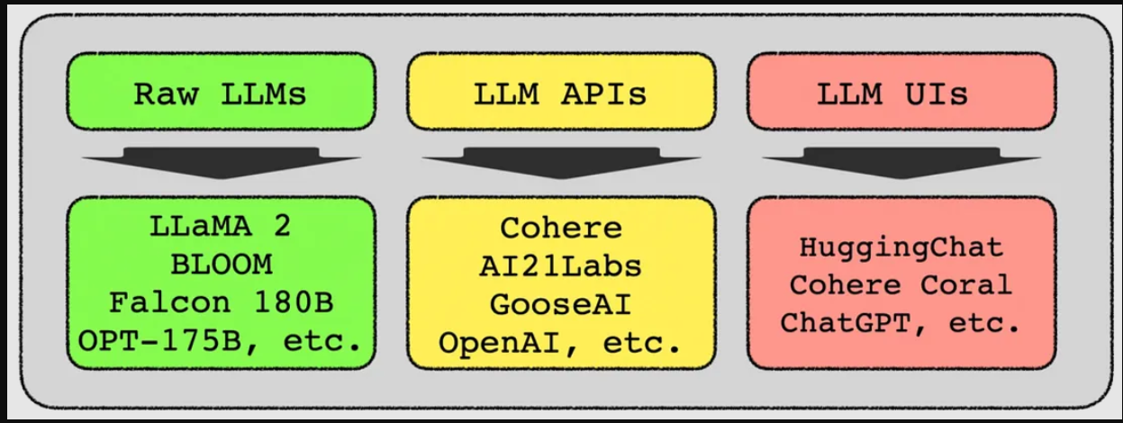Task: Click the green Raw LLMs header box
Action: [x=222, y=91]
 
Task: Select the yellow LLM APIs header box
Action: [x=562, y=91]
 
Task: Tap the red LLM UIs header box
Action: [x=901, y=91]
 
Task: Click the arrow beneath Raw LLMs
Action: [x=222, y=163]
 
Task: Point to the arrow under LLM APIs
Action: [x=562, y=163]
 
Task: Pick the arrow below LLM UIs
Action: [x=901, y=163]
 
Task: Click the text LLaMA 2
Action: [x=221, y=226]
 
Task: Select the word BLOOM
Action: [x=222, y=264]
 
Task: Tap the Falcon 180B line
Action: [x=222, y=302]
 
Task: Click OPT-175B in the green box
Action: [x=160, y=341]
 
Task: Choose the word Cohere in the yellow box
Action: [x=561, y=228]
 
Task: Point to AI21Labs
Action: [x=560, y=266]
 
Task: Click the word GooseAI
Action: [x=560, y=304]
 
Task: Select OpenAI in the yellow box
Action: [x=502, y=343]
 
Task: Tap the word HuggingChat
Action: [x=901, y=247]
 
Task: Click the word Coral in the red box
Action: [x=966, y=284]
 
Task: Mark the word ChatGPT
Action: [x=846, y=322]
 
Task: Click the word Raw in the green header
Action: [x=166, y=94]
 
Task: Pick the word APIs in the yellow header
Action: [x=604, y=94]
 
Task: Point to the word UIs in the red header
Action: [x=937, y=94]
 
